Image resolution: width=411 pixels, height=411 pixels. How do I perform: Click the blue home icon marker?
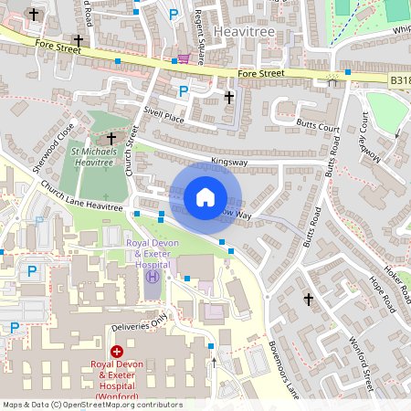point(205,196)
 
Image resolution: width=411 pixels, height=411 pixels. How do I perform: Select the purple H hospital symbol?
point(153,277)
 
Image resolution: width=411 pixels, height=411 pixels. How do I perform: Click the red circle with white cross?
point(117,352)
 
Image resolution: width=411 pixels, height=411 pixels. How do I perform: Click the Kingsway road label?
point(229,162)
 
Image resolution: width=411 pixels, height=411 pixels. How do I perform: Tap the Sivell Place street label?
point(163,119)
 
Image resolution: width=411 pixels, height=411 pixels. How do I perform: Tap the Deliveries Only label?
point(136,322)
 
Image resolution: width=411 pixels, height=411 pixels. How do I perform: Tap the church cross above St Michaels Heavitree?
point(111,138)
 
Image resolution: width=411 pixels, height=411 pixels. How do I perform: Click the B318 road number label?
point(400,80)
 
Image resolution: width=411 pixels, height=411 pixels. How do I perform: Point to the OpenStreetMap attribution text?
point(92,404)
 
